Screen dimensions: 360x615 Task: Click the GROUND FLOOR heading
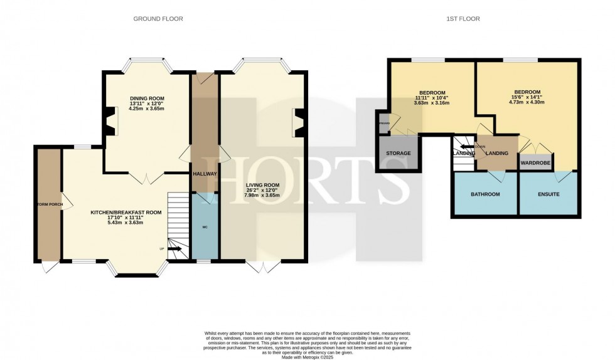158,19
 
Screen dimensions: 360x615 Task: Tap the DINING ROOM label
146,98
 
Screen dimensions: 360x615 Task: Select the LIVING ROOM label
264,184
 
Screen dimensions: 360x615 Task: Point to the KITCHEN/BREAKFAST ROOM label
126,213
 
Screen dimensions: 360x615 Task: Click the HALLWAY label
205,174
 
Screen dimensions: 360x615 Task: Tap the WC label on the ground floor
205,226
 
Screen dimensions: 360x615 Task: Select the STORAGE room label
398,154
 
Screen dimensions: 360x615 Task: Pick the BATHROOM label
485,194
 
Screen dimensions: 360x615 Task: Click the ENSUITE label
548,194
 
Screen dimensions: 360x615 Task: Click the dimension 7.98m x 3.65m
264,195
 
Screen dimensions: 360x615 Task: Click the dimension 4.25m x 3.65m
146,109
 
